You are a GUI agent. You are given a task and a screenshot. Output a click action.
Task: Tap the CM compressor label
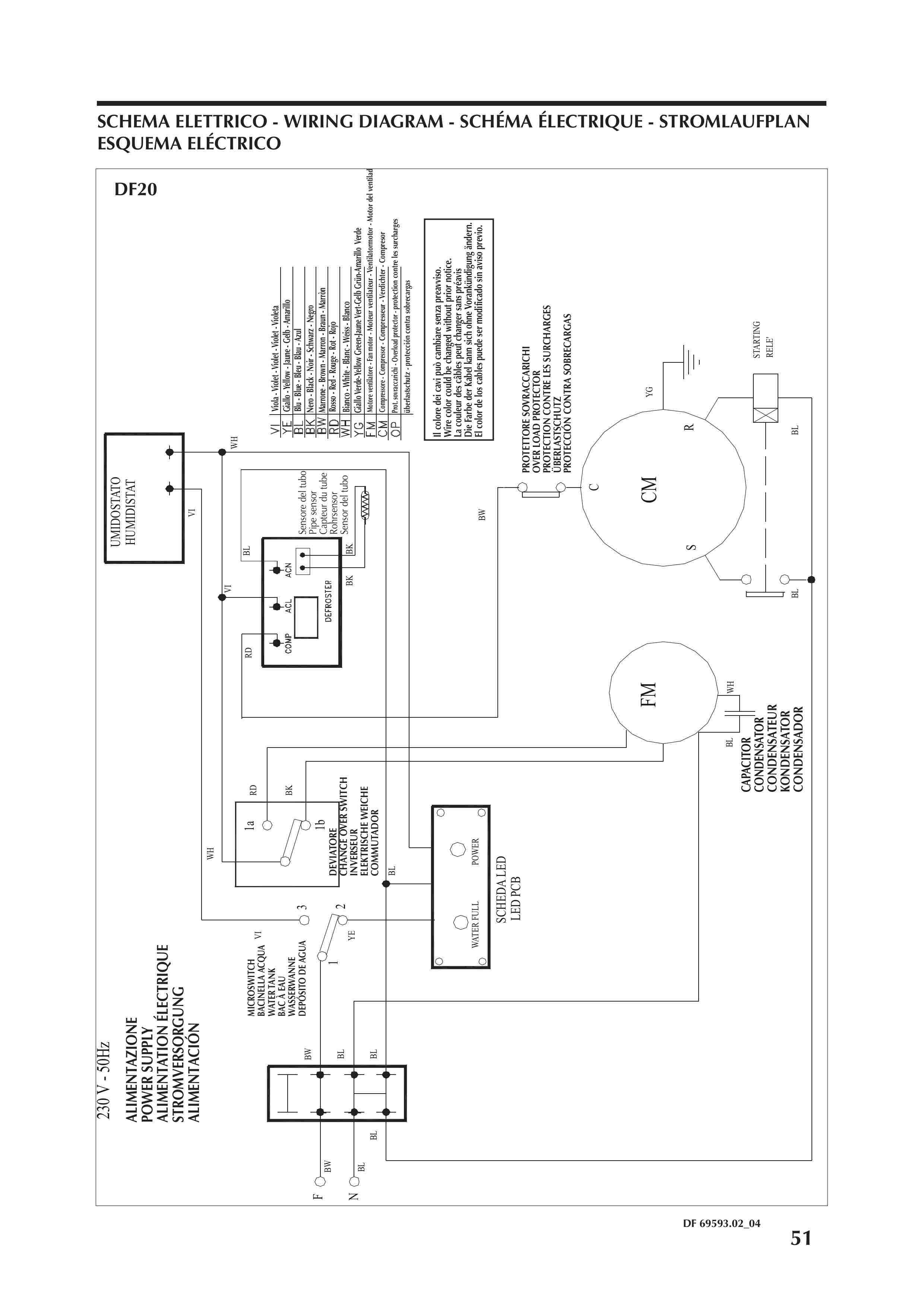pos(649,489)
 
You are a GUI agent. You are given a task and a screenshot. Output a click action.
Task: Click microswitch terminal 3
pos(304,919)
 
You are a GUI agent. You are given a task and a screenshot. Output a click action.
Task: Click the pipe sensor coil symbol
pos(362,503)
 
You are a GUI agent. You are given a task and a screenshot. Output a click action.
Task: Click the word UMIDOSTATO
pos(115,512)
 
